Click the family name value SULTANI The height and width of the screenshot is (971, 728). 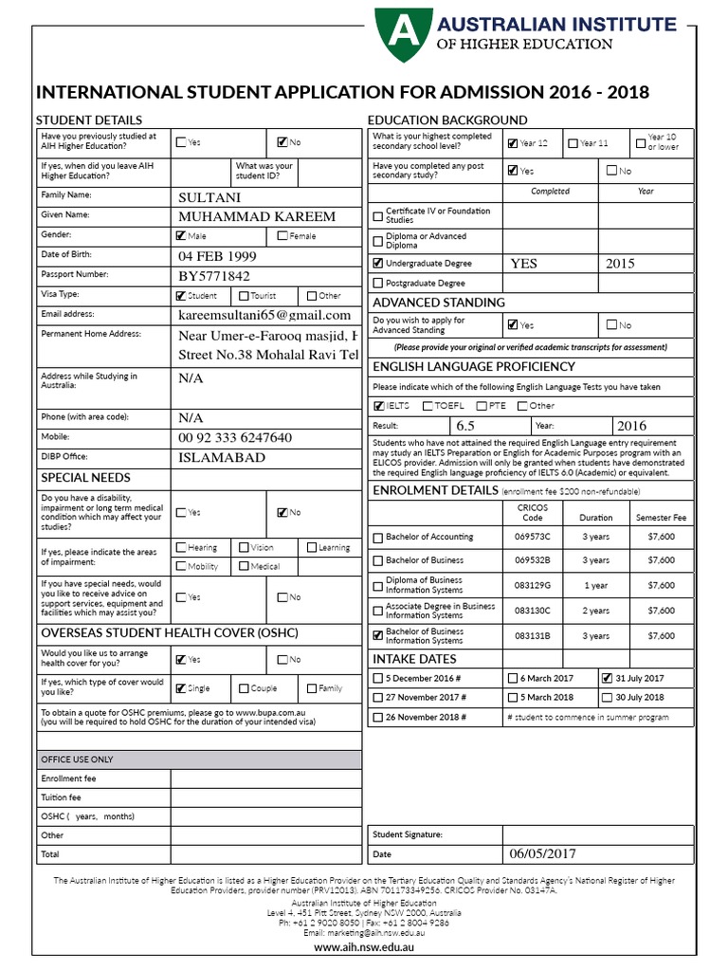click(209, 197)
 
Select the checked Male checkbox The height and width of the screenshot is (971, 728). click(181, 236)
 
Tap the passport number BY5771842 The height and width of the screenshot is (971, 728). click(214, 276)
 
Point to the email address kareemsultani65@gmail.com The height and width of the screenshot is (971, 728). click(264, 315)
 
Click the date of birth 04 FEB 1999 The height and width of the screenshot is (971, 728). click(217, 256)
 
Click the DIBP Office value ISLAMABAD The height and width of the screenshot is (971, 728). click(222, 457)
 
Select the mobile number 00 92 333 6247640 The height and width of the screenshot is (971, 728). click(235, 437)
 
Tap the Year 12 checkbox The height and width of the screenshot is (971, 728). click(513, 143)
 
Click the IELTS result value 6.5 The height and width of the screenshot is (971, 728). click(465, 426)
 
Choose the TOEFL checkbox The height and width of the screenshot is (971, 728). click(427, 406)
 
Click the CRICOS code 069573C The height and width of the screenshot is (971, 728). click(533, 537)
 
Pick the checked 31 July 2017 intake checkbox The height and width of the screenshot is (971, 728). click(607, 678)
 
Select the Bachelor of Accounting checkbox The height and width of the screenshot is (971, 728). click(379, 538)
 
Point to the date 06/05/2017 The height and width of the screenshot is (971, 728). click(543, 853)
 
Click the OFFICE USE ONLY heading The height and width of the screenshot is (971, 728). click(77, 760)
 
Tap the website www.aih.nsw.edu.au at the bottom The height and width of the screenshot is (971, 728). click(364, 946)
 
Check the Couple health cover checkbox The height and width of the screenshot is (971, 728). click(245, 688)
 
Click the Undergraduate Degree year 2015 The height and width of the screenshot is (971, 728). click(620, 264)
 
